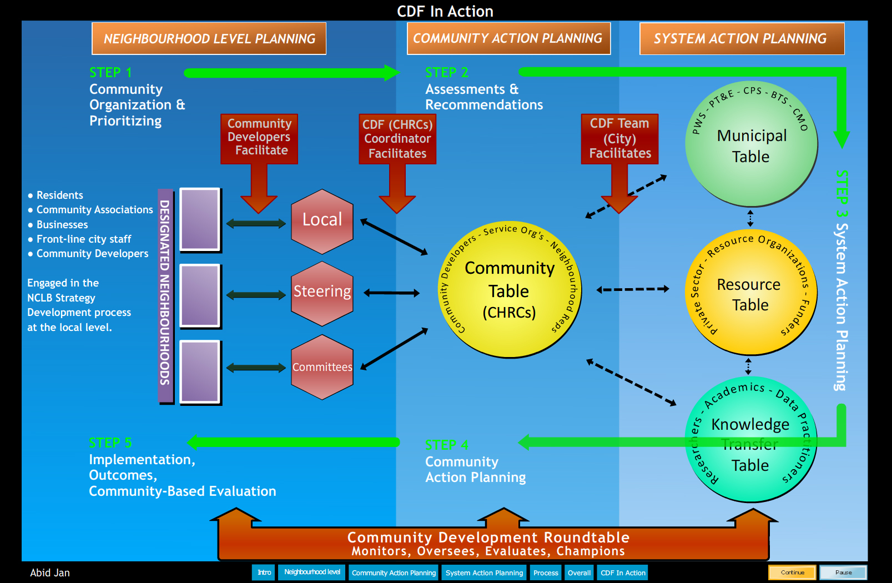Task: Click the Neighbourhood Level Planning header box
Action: tap(209, 38)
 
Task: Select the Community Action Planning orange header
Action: tap(508, 38)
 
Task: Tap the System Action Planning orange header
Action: tap(742, 38)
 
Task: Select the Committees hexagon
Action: tap(322, 367)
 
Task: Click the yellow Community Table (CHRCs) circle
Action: tap(510, 290)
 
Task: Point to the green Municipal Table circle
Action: tap(751, 146)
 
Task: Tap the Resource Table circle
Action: tap(750, 293)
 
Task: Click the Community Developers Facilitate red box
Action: tap(259, 138)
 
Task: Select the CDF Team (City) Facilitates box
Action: tap(619, 138)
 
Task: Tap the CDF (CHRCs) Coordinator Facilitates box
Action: tap(397, 139)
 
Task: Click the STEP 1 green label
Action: tap(110, 73)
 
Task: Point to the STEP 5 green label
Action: tap(110, 443)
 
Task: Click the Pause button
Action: tap(843, 572)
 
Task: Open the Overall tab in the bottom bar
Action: tap(579, 572)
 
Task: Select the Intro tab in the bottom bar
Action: tap(264, 572)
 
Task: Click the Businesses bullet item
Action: tap(62, 225)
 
